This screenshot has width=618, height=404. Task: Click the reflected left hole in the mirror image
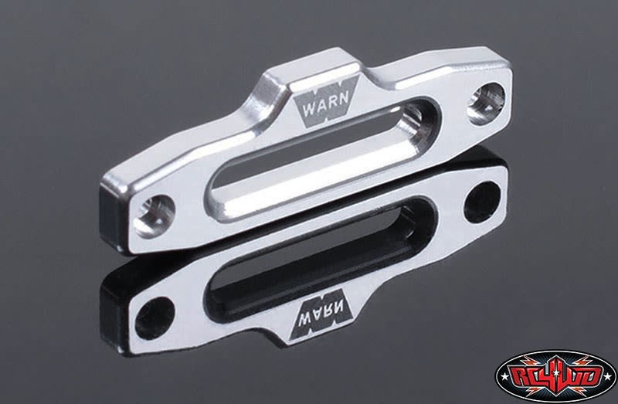(152, 308)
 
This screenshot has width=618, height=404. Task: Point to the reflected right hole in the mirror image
(485, 200)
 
